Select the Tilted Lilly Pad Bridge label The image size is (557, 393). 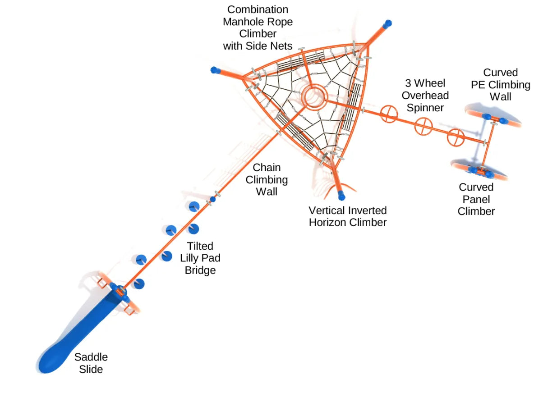(x=200, y=258)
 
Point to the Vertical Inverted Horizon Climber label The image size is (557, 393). (x=347, y=216)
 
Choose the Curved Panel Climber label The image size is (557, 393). (x=476, y=199)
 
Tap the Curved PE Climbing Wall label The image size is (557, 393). (x=500, y=84)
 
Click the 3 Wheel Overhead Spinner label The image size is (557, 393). (x=425, y=96)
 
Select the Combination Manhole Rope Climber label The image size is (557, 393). (x=258, y=27)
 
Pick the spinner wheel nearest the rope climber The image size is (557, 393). (x=388, y=114)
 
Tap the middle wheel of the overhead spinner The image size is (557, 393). (x=424, y=126)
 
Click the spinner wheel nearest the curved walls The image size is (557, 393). (x=456, y=137)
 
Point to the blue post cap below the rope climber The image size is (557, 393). (x=341, y=196)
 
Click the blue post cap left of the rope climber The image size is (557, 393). (x=215, y=70)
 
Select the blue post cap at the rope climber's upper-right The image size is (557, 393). (x=387, y=23)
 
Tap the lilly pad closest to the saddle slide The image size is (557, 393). (x=139, y=284)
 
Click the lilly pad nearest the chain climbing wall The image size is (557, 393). (x=194, y=206)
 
